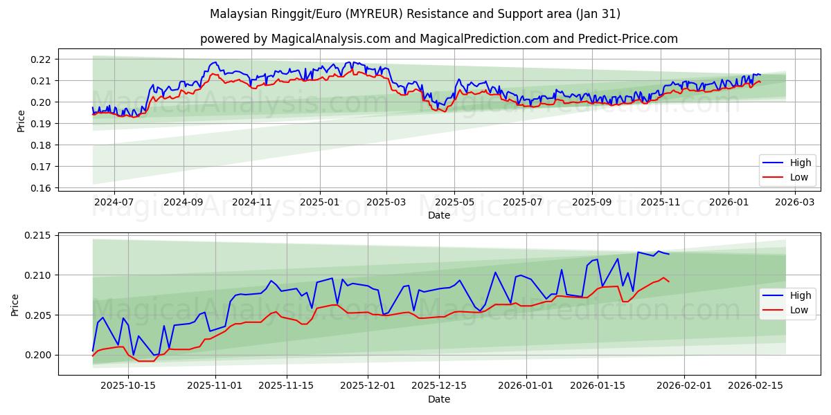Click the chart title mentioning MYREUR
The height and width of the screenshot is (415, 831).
click(415, 14)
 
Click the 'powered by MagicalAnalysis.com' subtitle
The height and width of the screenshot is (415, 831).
click(438, 39)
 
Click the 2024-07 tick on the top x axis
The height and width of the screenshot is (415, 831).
click(114, 203)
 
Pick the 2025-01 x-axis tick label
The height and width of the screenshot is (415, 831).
click(320, 203)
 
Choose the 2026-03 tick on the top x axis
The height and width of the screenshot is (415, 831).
click(794, 203)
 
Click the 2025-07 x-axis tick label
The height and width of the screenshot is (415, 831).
click(522, 203)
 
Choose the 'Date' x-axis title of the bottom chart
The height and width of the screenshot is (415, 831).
click(438, 399)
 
